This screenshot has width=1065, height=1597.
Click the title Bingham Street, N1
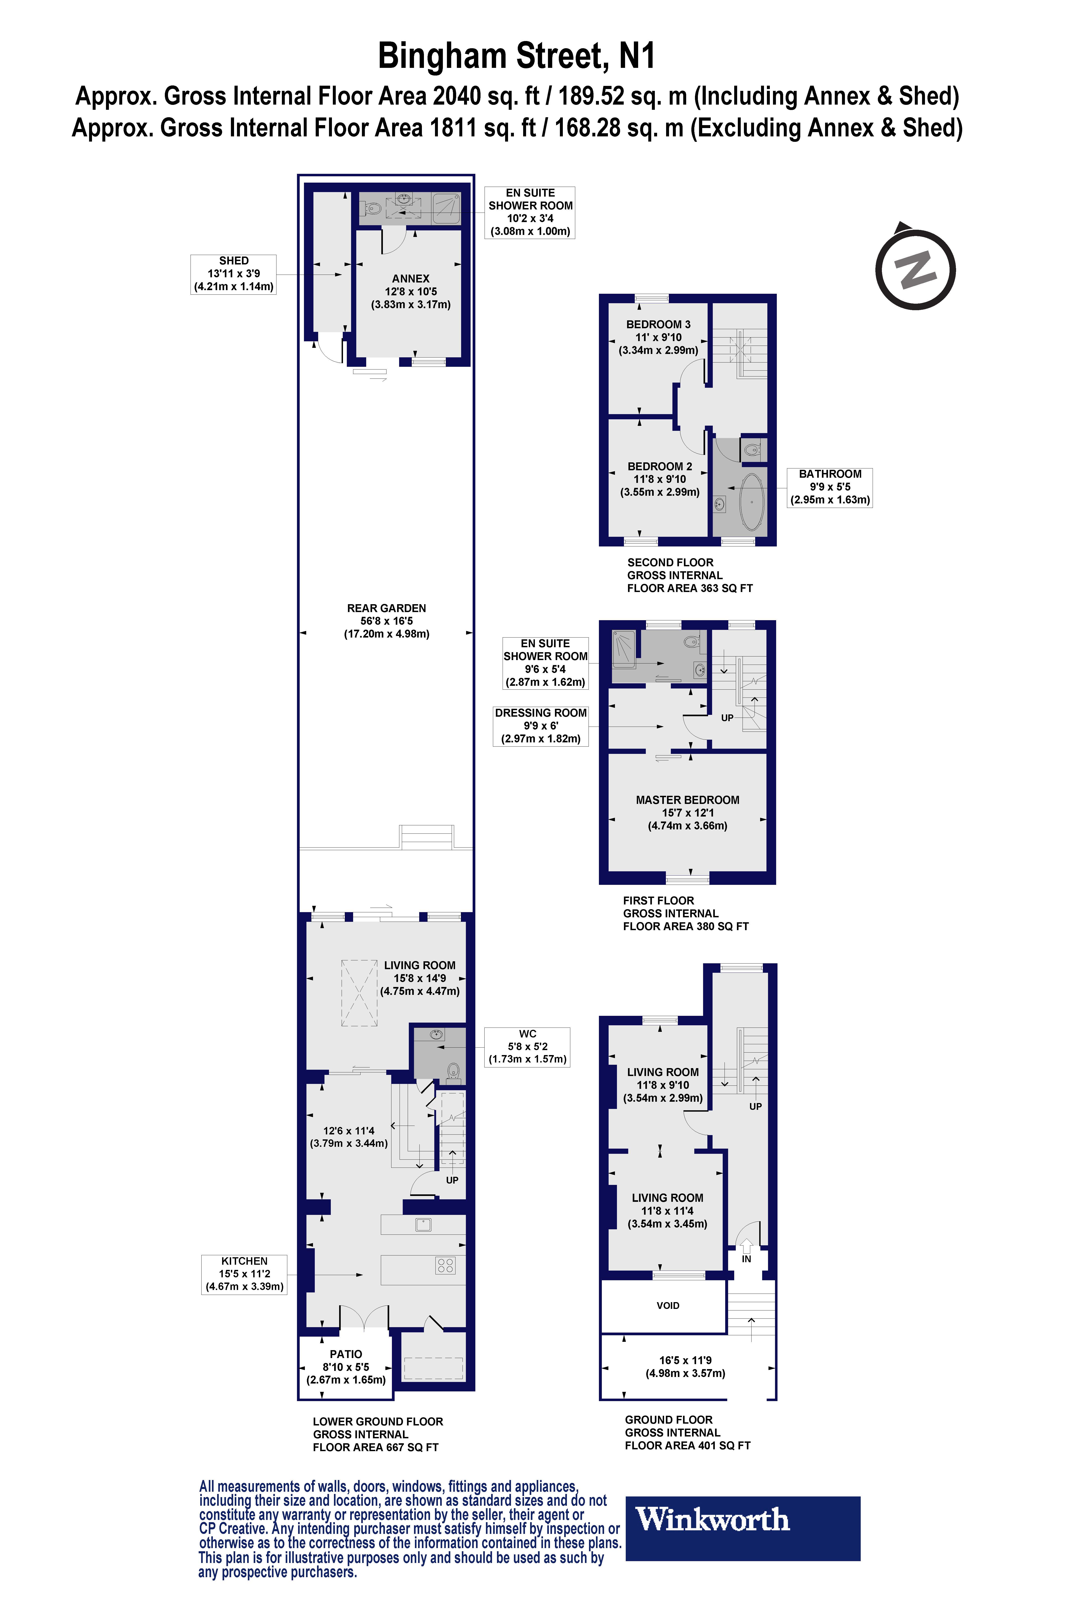[516, 56]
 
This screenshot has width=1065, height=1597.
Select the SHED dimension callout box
[234, 274]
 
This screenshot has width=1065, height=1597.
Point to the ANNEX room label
[410, 278]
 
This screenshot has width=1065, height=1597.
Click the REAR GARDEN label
[386, 608]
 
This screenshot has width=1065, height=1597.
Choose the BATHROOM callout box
[829, 487]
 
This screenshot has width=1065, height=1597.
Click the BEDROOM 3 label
[658, 325]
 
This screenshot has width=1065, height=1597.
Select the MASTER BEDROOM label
[687, 800]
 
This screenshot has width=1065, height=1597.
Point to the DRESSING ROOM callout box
[541, 726]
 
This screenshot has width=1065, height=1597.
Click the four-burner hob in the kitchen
[446, 1265]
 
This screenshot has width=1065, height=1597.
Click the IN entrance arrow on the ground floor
[746, 1247]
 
